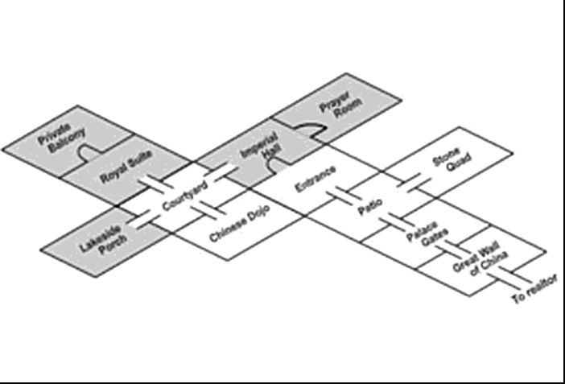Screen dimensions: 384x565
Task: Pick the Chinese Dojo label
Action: coord(239,223)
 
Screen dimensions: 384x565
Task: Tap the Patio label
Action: coord(369,208)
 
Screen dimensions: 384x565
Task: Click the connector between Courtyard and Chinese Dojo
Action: coord(206,211)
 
